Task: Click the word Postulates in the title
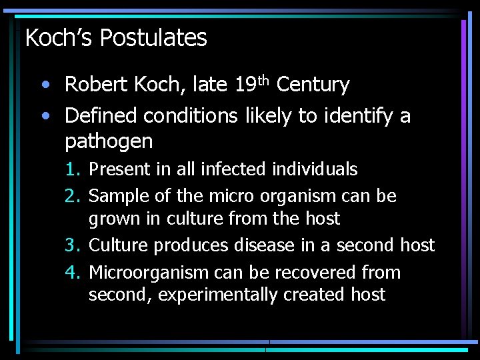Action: click(153, 38)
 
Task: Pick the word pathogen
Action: click(109, 141)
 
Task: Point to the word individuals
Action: click(315, 169)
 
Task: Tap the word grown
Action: click(110, 219)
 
